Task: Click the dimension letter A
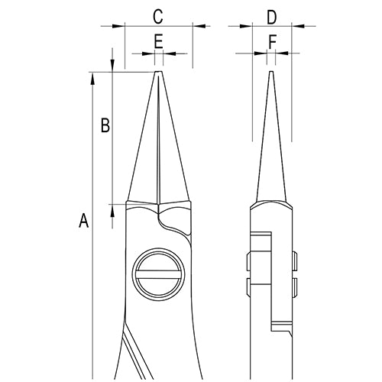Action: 84,222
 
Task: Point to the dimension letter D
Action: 272,15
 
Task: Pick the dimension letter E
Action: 158,42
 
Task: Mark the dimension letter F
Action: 272,42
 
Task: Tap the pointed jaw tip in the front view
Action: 158,74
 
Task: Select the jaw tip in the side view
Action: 271,74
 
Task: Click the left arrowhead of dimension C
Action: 119,26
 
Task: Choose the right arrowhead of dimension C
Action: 197,26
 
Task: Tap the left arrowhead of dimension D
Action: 247,26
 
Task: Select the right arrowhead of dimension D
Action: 297,26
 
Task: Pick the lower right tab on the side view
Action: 296,286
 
